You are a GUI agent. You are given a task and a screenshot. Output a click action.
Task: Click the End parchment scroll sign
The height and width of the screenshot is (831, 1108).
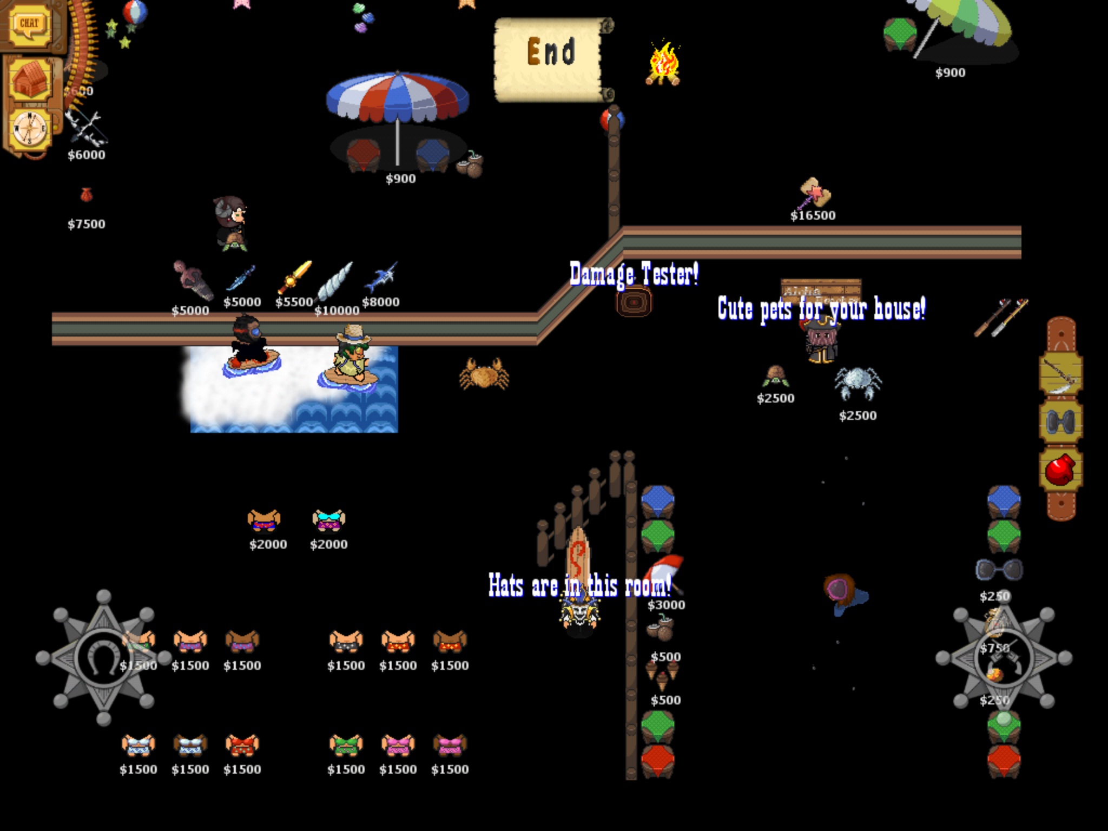(552, 58)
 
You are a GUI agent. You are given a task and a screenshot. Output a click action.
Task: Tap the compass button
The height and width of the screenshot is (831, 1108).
(31, 130)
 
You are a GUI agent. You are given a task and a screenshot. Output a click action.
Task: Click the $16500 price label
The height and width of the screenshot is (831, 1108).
(813, 215)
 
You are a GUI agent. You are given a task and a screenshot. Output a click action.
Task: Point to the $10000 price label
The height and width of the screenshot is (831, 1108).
(337, 311)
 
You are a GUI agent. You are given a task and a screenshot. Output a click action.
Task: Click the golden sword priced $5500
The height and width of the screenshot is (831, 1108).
(295, 277)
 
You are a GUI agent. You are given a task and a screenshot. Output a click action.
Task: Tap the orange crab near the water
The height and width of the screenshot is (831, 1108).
(484, 373)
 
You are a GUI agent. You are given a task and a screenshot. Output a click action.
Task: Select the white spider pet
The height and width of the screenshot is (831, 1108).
(858, 383)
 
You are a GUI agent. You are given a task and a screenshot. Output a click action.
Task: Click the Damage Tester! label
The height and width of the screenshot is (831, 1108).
(634, 274)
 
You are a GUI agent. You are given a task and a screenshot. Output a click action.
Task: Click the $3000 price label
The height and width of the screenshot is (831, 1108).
(666, 605)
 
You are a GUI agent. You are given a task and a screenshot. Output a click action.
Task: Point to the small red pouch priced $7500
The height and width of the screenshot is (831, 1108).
(86, 195)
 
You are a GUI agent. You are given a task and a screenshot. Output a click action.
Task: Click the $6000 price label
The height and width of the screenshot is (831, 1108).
(87, 155)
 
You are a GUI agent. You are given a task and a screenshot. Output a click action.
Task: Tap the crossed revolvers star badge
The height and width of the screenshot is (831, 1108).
(1004, 657)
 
